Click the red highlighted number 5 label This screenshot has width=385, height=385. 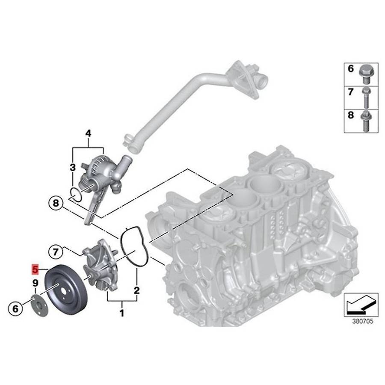coord(35,269)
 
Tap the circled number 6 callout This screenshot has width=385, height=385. coord(15,308)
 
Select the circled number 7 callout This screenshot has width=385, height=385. coord(56,252)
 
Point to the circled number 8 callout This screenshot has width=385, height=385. coord(56,203)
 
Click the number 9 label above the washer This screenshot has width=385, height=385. coord(36,283)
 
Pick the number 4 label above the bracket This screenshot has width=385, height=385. coord(88,133)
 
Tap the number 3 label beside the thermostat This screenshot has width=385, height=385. coord(73,168)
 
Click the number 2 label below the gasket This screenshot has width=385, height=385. coord(136,290)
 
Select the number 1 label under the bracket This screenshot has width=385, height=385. coord(122,313)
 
